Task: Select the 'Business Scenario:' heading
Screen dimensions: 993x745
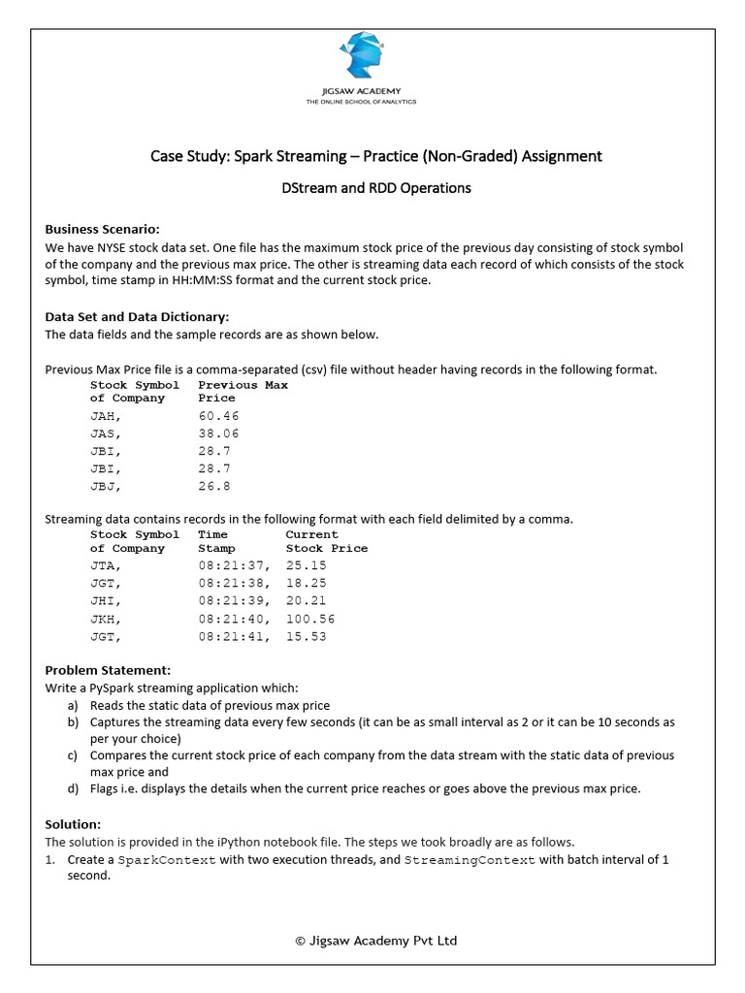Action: click(x=102, y=230)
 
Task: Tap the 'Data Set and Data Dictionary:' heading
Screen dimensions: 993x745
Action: click(x=137, y=317)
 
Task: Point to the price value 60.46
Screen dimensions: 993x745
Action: click(x=218, y=416)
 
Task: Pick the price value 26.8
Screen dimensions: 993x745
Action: click(x=214, y=486)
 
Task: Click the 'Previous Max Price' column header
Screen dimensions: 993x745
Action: click(x=243, y=392)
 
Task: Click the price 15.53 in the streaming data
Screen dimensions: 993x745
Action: click(x=307, y=636)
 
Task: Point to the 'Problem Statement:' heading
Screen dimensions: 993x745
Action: click(x=108, y=670)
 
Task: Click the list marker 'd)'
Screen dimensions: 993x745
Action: click(x=73, y=788)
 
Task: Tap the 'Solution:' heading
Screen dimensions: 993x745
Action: click(x=73, y=823)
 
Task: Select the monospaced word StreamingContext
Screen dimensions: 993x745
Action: click(x=470, y=860)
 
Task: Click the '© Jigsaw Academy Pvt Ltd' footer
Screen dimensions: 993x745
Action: click(x=375, y=940)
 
